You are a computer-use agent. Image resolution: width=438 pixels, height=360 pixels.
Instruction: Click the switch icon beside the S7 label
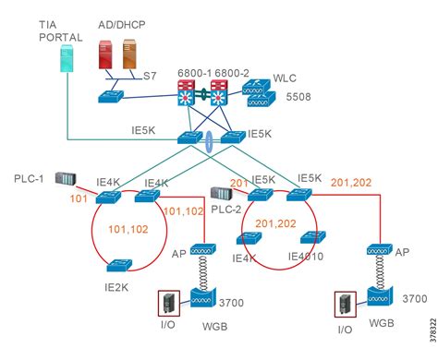coord(116,96)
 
